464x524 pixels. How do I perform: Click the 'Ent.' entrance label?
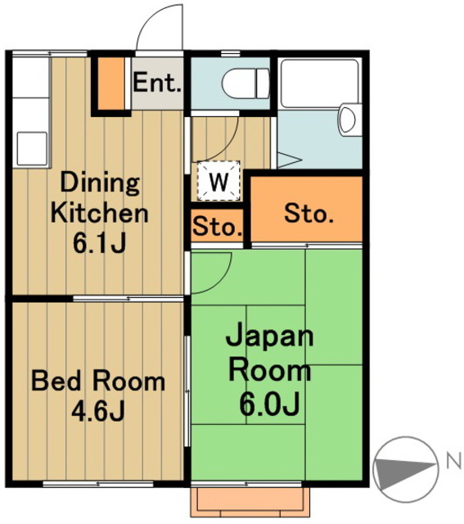coord(158,82)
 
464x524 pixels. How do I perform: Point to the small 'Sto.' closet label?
coord(218,227)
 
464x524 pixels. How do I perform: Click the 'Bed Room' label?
coord(97,381)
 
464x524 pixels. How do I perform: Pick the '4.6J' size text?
coord(97,410)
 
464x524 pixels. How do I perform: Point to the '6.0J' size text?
coord(268,403)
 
